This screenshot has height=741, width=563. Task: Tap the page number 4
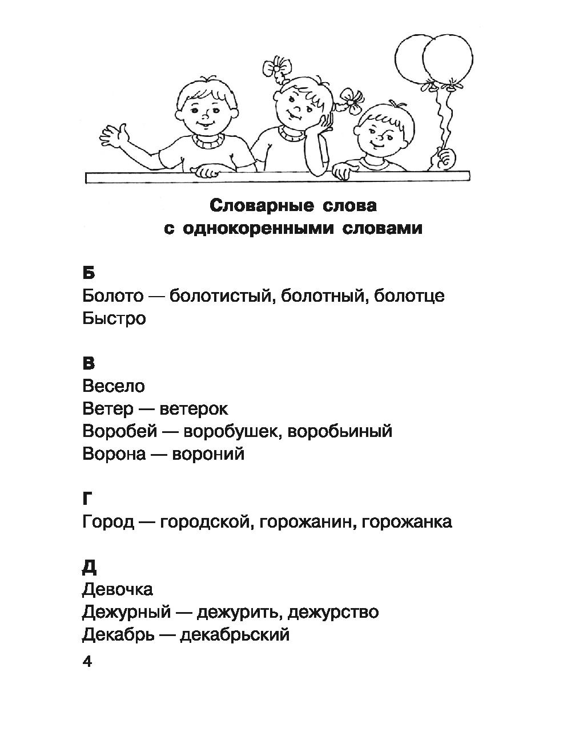[x=87, y=662]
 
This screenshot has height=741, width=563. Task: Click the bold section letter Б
[x=89, y=273]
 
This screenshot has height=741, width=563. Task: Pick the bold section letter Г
[x=87, y=498]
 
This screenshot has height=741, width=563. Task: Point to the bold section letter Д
[x=89, y=566]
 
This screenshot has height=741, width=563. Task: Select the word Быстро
[x=114, y=318]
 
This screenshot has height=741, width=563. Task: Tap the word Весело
[x=114, y=386]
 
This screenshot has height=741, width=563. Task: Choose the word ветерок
[x=194, y=408]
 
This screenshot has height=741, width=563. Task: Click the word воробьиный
[x=340, y=431]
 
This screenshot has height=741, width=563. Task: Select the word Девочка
[x=118, y=589]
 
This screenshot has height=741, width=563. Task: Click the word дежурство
[x=333, y=612]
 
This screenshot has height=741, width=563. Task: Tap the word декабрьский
[x=235, y=634]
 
